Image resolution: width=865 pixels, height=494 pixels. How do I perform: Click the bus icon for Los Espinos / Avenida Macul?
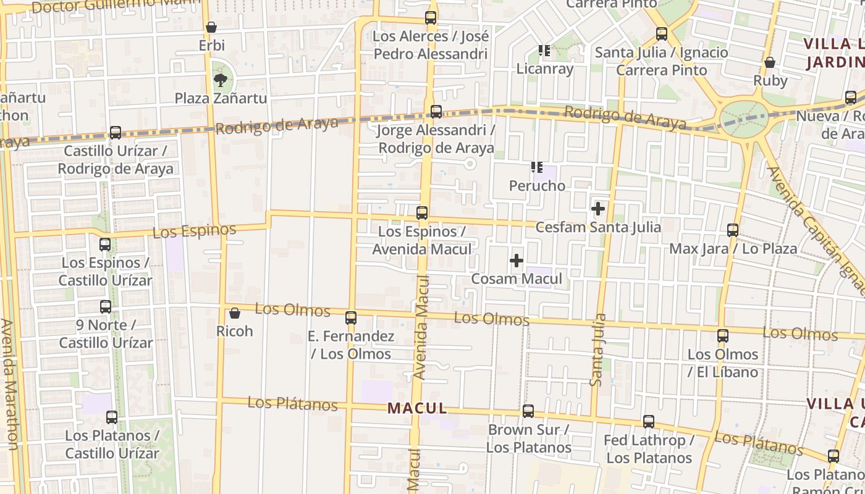(422, 213)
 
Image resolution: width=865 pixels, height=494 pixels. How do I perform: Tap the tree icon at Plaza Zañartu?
(219, 80)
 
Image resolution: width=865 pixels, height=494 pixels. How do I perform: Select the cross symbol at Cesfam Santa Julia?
(597, 209)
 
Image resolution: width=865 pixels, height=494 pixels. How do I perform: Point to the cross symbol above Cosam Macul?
(517, 261)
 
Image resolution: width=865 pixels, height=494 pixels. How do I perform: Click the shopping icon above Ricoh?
(234, 313)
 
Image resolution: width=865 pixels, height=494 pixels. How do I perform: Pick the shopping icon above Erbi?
(211, 27)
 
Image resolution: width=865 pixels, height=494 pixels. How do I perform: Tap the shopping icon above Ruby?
(770, 62)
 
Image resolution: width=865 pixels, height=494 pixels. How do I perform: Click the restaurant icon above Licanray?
(544, 51)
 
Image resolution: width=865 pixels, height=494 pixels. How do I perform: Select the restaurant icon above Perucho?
(536, 167)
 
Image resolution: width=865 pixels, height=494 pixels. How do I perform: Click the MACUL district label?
(417, 408)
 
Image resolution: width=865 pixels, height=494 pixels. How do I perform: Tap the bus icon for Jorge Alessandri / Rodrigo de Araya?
(436, 112)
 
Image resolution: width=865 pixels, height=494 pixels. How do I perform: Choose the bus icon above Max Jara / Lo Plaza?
(733, 230)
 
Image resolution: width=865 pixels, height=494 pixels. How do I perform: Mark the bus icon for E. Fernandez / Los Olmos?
(351, 318)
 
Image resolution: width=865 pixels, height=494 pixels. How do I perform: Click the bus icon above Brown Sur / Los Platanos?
(528, 411)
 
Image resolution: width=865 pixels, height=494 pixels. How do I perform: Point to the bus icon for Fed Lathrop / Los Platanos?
(649, 422)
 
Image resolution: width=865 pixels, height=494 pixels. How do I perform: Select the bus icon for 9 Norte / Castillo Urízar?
(106, 307)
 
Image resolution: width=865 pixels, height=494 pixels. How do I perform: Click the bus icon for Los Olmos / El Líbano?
(722, 336)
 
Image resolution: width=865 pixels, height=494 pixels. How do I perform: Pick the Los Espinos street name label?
(194, 232)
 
